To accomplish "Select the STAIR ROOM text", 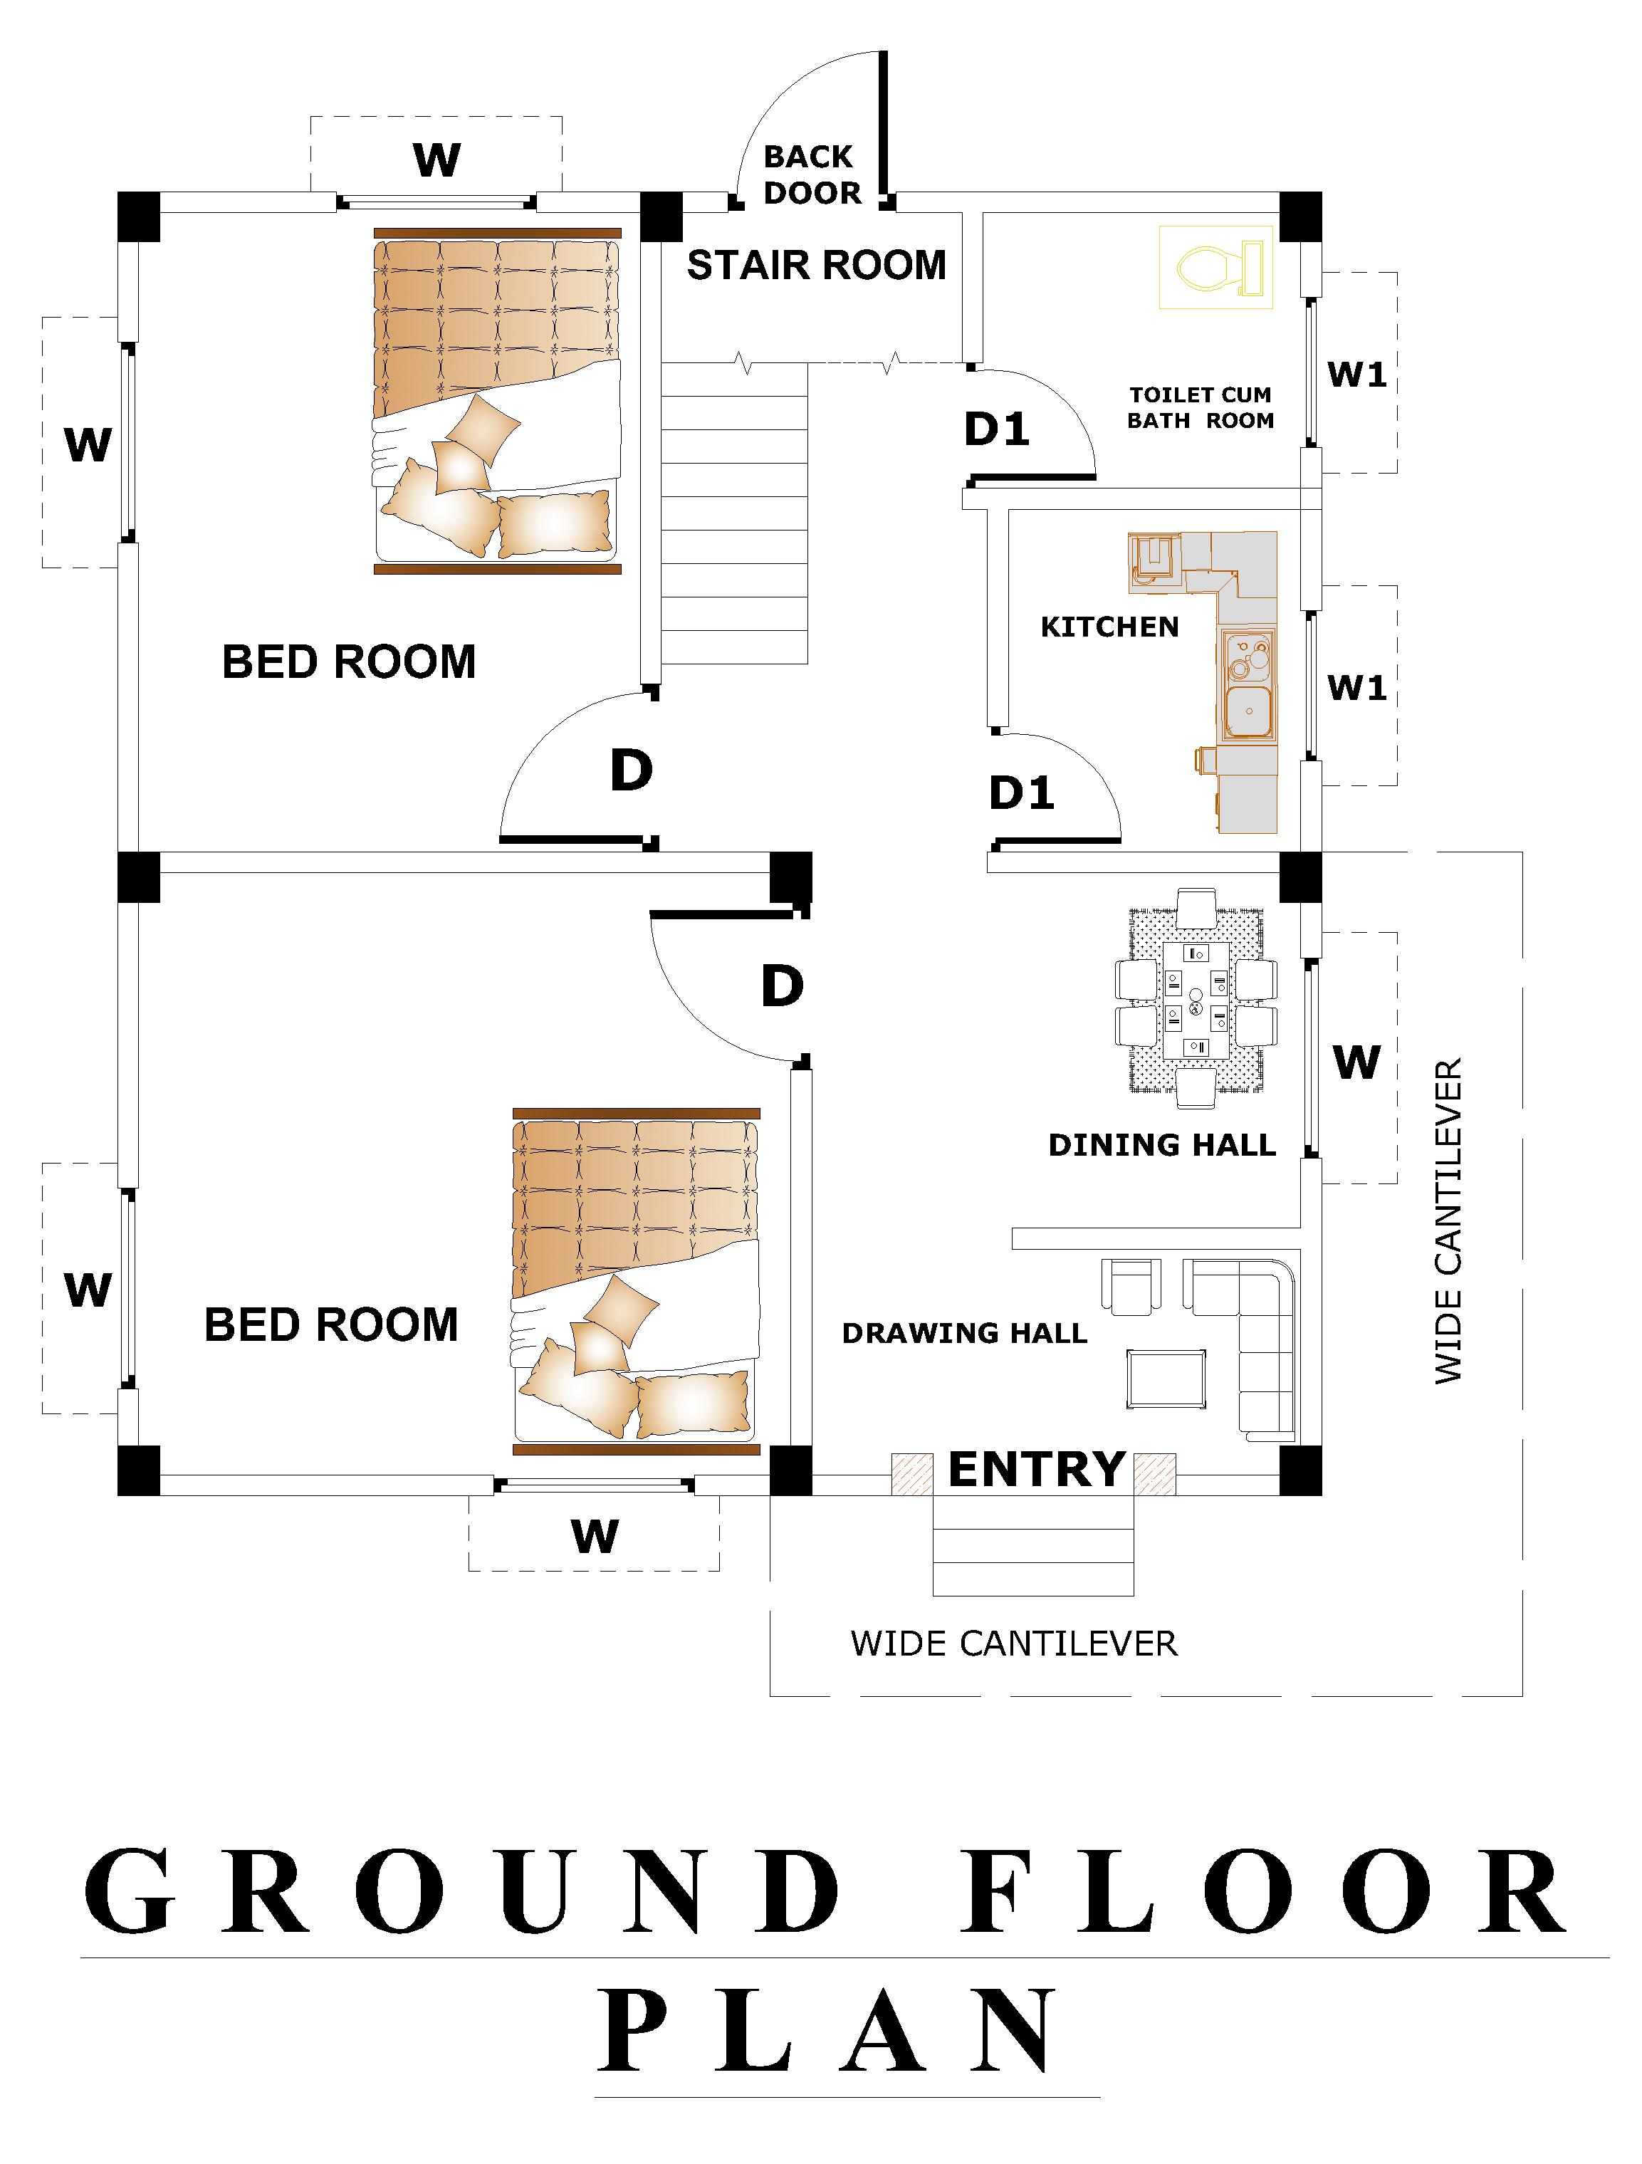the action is [816, 265].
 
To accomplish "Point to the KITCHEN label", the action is [1109, 627].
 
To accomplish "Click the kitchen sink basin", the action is [1247, 711].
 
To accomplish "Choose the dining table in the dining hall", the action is [1196, 999].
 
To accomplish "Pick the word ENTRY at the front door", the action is [1037, 1470].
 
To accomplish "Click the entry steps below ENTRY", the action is [1033, 1544].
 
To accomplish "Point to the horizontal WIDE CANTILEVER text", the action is [1014, 1643].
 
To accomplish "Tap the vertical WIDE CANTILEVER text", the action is [1448, 1221].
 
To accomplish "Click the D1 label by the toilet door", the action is [997, 429].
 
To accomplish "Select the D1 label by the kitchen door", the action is [1022, 793].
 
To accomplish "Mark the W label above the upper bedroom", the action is [436, 160].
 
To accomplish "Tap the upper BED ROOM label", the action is [350, 662].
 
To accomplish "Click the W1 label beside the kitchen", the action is [1357, 688].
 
